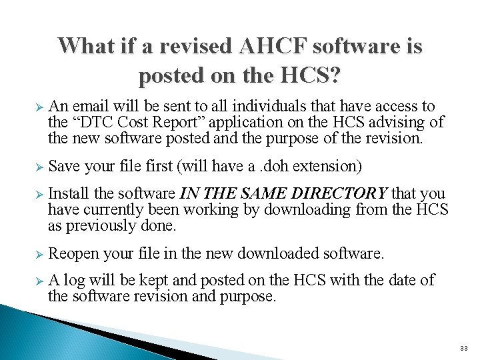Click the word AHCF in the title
[x=273, y=47]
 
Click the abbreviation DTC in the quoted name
[x=95, y=122]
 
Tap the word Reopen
[x=73, y=254]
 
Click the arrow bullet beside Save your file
[x=39, y=167]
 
